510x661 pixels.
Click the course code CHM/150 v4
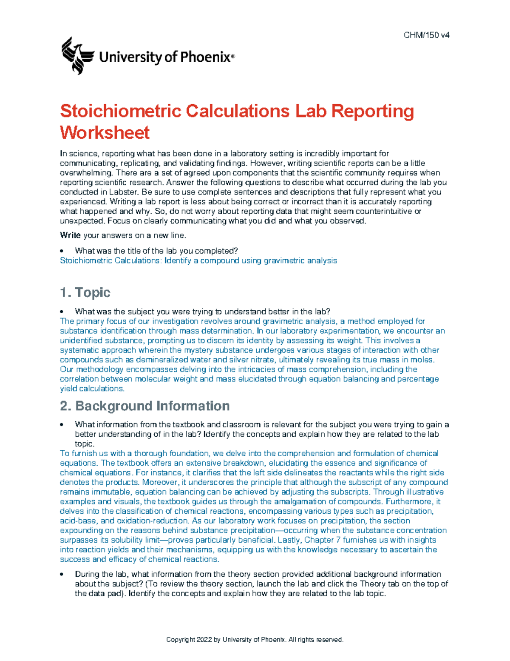click(x=426, y=35)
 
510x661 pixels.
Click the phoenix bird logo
click(x=77, y=56)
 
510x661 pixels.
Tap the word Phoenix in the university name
click(x=205, y=57)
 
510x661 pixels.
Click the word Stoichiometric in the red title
click(x=121, y=111)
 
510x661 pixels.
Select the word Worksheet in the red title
click(x=105, y=132)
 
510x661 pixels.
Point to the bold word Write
click(x=70, y=235)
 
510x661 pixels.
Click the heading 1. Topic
click(x=85, y=292)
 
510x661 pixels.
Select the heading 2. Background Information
click(x=144, y=406)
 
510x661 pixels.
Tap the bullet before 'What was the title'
click(x=62, y=251)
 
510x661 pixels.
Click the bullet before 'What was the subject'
click(x=62, y=312)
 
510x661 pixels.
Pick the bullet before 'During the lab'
click(x=62, y=574)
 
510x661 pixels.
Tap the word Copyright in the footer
click(x=181, y=639)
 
